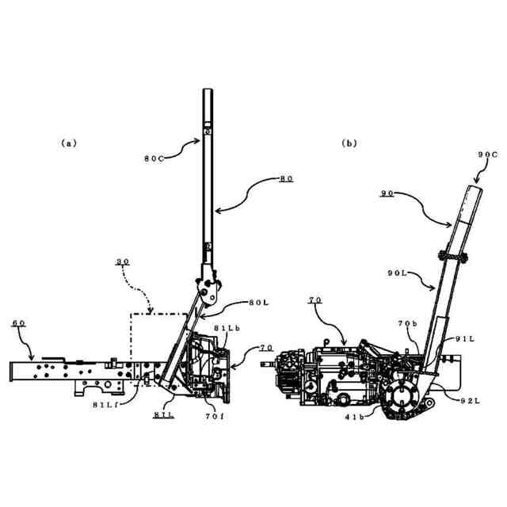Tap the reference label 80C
tap(154, 158)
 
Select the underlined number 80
tap(285, 180)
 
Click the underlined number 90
tap(387, 193)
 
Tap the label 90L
tap(398, 273)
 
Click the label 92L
tap(471, 401)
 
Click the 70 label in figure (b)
tap(314, 301)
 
